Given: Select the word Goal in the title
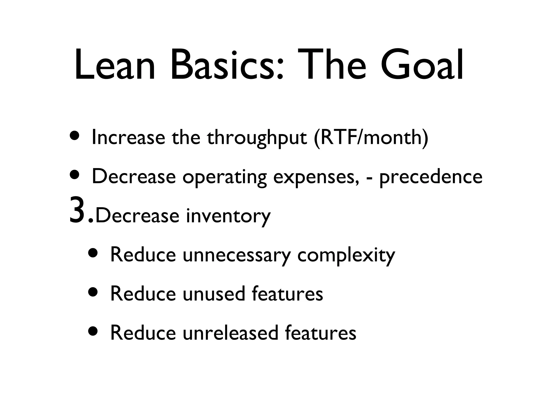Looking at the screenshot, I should point(422,65).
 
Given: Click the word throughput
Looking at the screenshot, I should point(257,138).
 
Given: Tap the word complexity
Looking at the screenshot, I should point(346,255).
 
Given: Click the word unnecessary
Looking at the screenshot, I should point(237,255).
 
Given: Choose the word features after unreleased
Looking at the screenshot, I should point(320,333).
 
